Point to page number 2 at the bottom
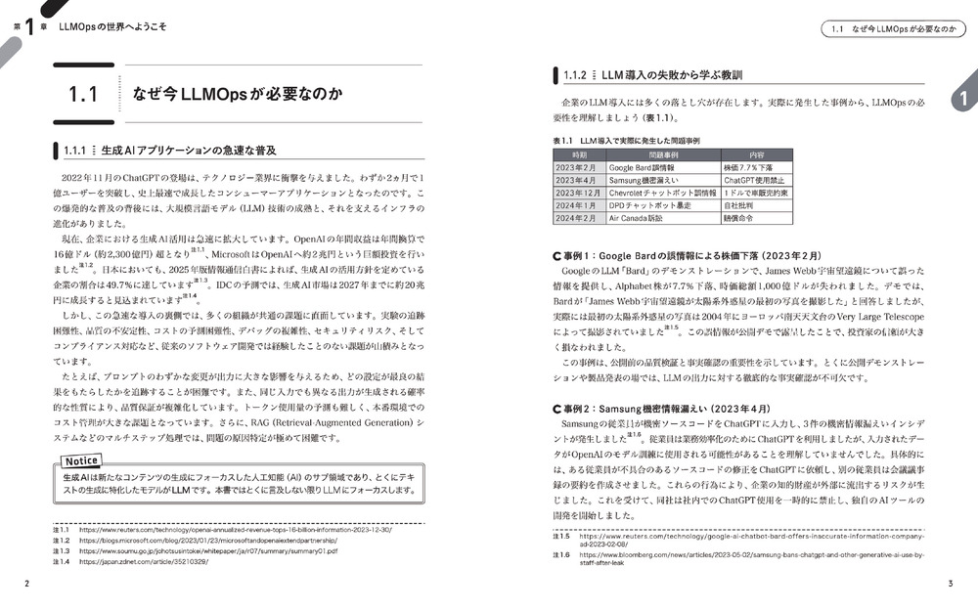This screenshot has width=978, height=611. tap(27, 584)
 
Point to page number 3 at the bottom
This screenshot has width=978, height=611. tap(950, 584)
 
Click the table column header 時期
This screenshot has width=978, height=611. tap(579, 154)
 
